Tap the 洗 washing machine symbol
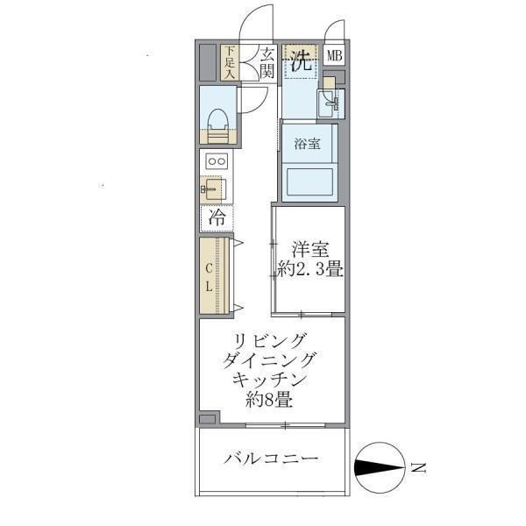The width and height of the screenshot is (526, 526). pyautogui.click(x=302, y=61)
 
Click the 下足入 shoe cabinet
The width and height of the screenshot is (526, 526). pyautogui.click(x=230, y=63)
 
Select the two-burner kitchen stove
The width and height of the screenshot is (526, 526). pyautogui.click(x=216, y=161)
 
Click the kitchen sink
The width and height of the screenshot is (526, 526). pyautogui.click(x=213, y=188)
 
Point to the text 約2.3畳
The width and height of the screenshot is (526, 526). pyautogui.click(x=307, y=270)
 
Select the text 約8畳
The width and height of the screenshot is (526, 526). pyautogui.click(x=269, y=402)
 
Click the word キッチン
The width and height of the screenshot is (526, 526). pyautogui.click(x=269, y=381)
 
